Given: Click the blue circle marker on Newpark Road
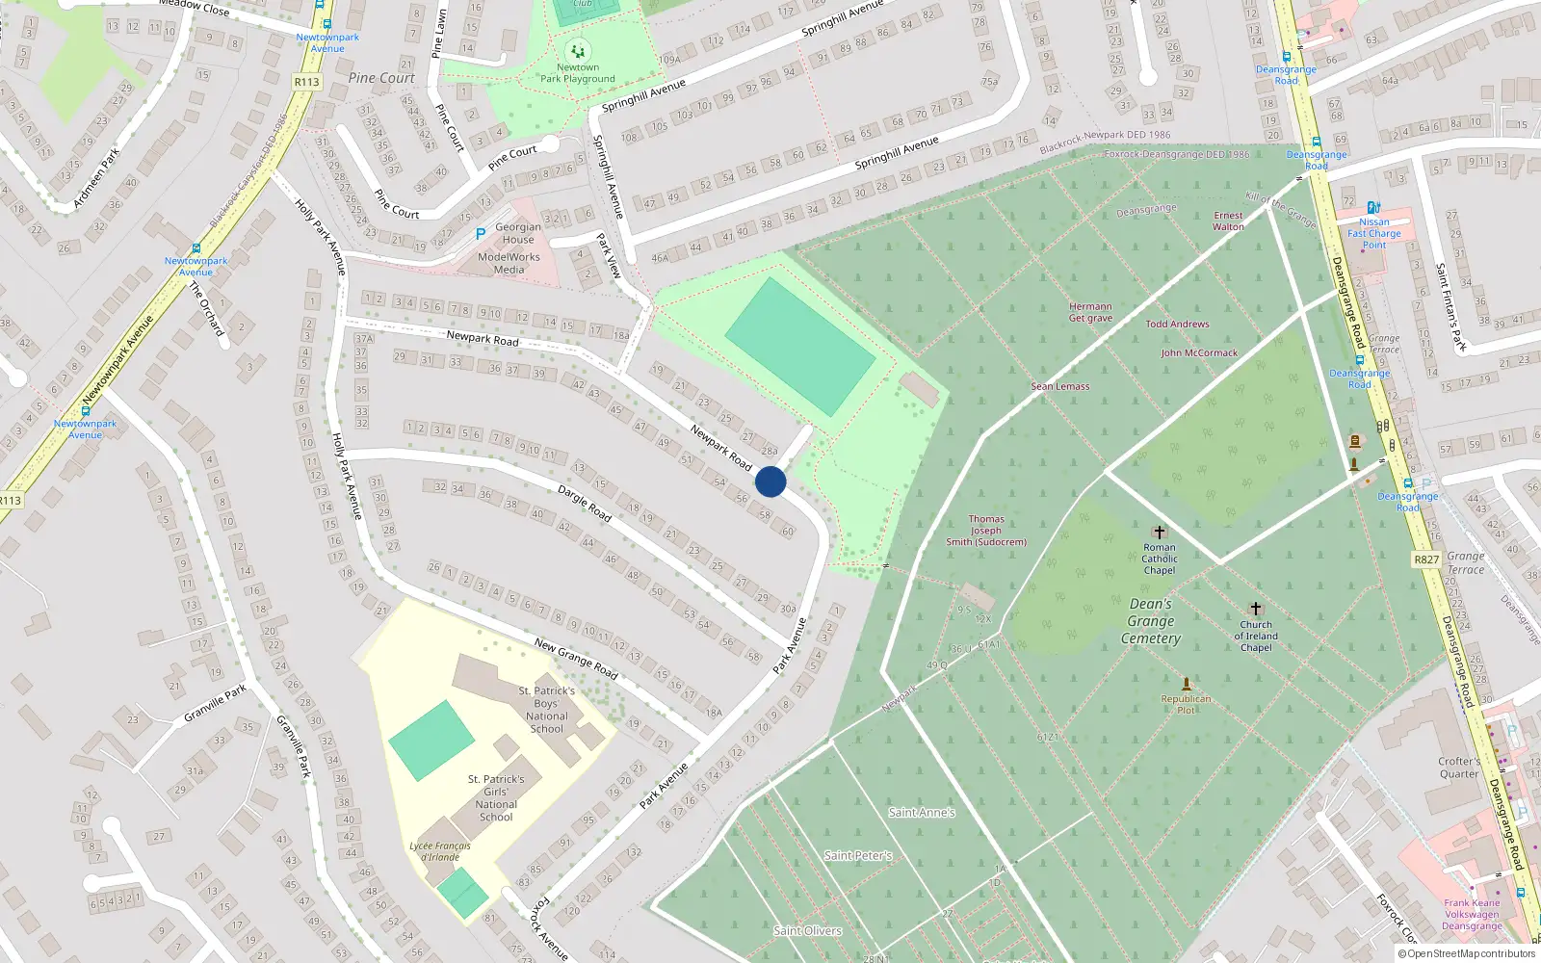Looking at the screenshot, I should coord(770,481).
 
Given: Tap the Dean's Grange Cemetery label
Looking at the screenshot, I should coord(1150,621).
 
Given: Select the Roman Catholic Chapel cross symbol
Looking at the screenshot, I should coord(1160,533).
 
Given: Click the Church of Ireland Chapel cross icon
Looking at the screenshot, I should coord(1255,609).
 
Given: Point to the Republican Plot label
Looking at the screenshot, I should coord(1186,705).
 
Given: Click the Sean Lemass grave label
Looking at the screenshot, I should coord(1060,386).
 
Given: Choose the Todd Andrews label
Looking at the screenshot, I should coord(1177,325).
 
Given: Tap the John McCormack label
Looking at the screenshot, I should coord(1199,353).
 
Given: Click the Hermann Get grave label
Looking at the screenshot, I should coord(1090,312).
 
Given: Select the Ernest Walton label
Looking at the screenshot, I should coord(1228,221).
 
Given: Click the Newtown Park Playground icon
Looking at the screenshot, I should coord(578,51).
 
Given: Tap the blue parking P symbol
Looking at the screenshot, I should coord(481,234).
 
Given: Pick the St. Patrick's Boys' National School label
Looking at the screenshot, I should coord(546,710).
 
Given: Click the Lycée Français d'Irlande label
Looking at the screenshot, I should coord(440,851).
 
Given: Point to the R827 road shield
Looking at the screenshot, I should coord(1426,560).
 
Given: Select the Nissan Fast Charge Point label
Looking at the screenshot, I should coord(1374,233).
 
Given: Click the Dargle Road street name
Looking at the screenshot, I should coord(585,504).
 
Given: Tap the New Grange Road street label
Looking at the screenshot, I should coord(576,659).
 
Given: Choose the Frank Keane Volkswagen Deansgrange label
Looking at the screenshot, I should coord(1472,915).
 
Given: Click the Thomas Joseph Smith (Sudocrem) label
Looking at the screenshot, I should coord(986,531).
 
